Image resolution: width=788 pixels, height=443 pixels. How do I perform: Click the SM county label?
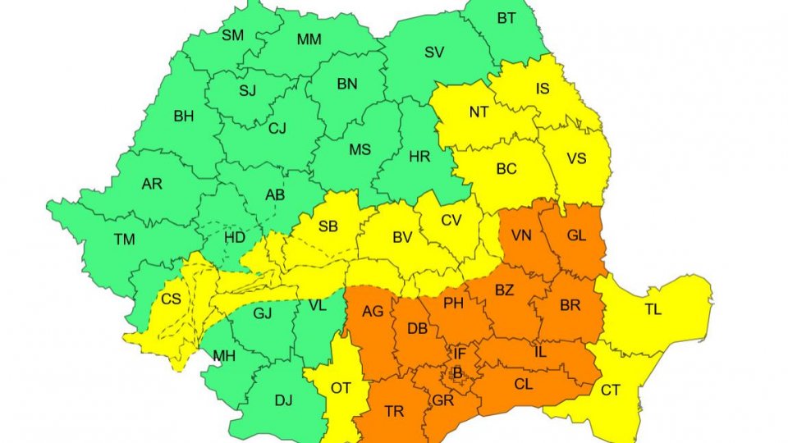232,34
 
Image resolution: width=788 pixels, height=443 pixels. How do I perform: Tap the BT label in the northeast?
506,17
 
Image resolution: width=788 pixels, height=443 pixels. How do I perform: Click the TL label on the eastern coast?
653,309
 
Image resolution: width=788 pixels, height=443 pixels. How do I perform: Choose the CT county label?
610,390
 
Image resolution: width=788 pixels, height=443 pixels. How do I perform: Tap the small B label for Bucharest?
458,373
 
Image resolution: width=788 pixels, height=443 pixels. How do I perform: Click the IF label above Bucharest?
460,354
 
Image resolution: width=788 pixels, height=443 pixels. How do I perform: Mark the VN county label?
522,235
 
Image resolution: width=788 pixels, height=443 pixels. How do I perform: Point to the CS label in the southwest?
171,299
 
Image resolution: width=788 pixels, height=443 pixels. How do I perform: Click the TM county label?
125,240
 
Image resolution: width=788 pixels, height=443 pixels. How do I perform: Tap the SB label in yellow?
328,227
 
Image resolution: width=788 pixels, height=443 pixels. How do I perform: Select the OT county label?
341,388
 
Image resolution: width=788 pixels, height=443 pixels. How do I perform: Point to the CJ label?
277,128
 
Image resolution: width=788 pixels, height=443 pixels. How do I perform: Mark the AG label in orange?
373,312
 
